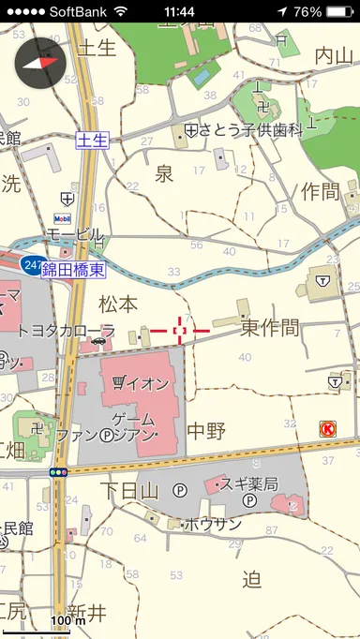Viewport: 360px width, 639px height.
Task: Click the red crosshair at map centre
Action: point(181,330)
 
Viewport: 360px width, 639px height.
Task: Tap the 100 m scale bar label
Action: point(67,620)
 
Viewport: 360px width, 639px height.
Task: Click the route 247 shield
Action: point(32,265)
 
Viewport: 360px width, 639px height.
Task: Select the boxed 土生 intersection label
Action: point(92,141)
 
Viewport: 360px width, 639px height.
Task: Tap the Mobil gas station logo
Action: point(64,219)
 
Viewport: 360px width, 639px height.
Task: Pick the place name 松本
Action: point(117,304)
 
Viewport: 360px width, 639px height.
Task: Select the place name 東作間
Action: point(270,328)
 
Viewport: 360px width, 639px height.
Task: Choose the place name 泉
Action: point(164,173)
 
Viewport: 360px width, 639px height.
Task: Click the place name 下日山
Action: point(128,488)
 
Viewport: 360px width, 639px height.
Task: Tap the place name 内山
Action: point(334,54)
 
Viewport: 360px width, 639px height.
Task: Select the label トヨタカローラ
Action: point(66,331)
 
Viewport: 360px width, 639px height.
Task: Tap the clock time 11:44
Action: point(178,11)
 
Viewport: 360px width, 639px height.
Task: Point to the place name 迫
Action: point(251,580)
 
